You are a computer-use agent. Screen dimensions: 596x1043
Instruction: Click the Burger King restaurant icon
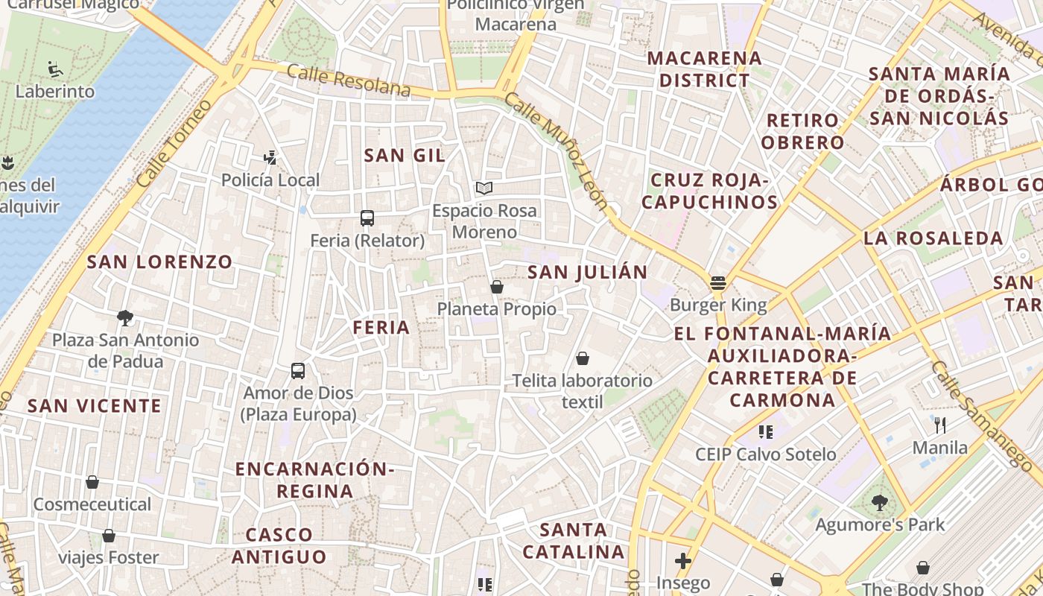(x=718, y=283)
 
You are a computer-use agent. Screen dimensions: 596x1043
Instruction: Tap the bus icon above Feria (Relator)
(x=367, y=218)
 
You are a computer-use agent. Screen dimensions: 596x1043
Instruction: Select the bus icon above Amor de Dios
(x=298, y=370)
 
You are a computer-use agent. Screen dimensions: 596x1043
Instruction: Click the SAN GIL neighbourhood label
(x=405, y=155)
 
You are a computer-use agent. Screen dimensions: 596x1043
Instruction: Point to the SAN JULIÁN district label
(x=588, y=272)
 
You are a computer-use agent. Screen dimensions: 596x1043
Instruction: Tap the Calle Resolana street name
(x=348, y=80)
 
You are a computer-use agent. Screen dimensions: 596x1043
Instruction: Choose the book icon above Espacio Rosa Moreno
(x=484, y=188)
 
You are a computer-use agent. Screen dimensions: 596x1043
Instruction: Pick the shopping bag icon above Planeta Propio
(x=497, y=287)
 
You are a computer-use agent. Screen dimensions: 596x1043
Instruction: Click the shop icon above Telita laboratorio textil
(x=583, y=359)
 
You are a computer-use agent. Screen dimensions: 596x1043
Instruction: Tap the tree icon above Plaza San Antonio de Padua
(x=125, y=318)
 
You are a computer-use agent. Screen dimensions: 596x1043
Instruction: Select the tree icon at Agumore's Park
(x=880, y=503)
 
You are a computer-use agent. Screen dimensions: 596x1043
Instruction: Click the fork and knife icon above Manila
(x=940, y=425)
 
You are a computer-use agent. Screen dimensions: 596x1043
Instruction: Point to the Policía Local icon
(x=270, y=157)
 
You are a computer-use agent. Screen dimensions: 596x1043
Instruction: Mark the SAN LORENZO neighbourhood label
(x=159, y=261)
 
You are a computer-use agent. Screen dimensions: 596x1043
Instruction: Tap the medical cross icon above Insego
(x=683, y=561)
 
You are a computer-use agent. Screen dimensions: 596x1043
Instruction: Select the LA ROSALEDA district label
(x=933, y=238)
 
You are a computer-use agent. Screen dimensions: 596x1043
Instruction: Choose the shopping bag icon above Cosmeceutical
(x=92, y=482)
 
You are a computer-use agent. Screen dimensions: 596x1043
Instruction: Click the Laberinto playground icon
(x=56, y=69)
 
